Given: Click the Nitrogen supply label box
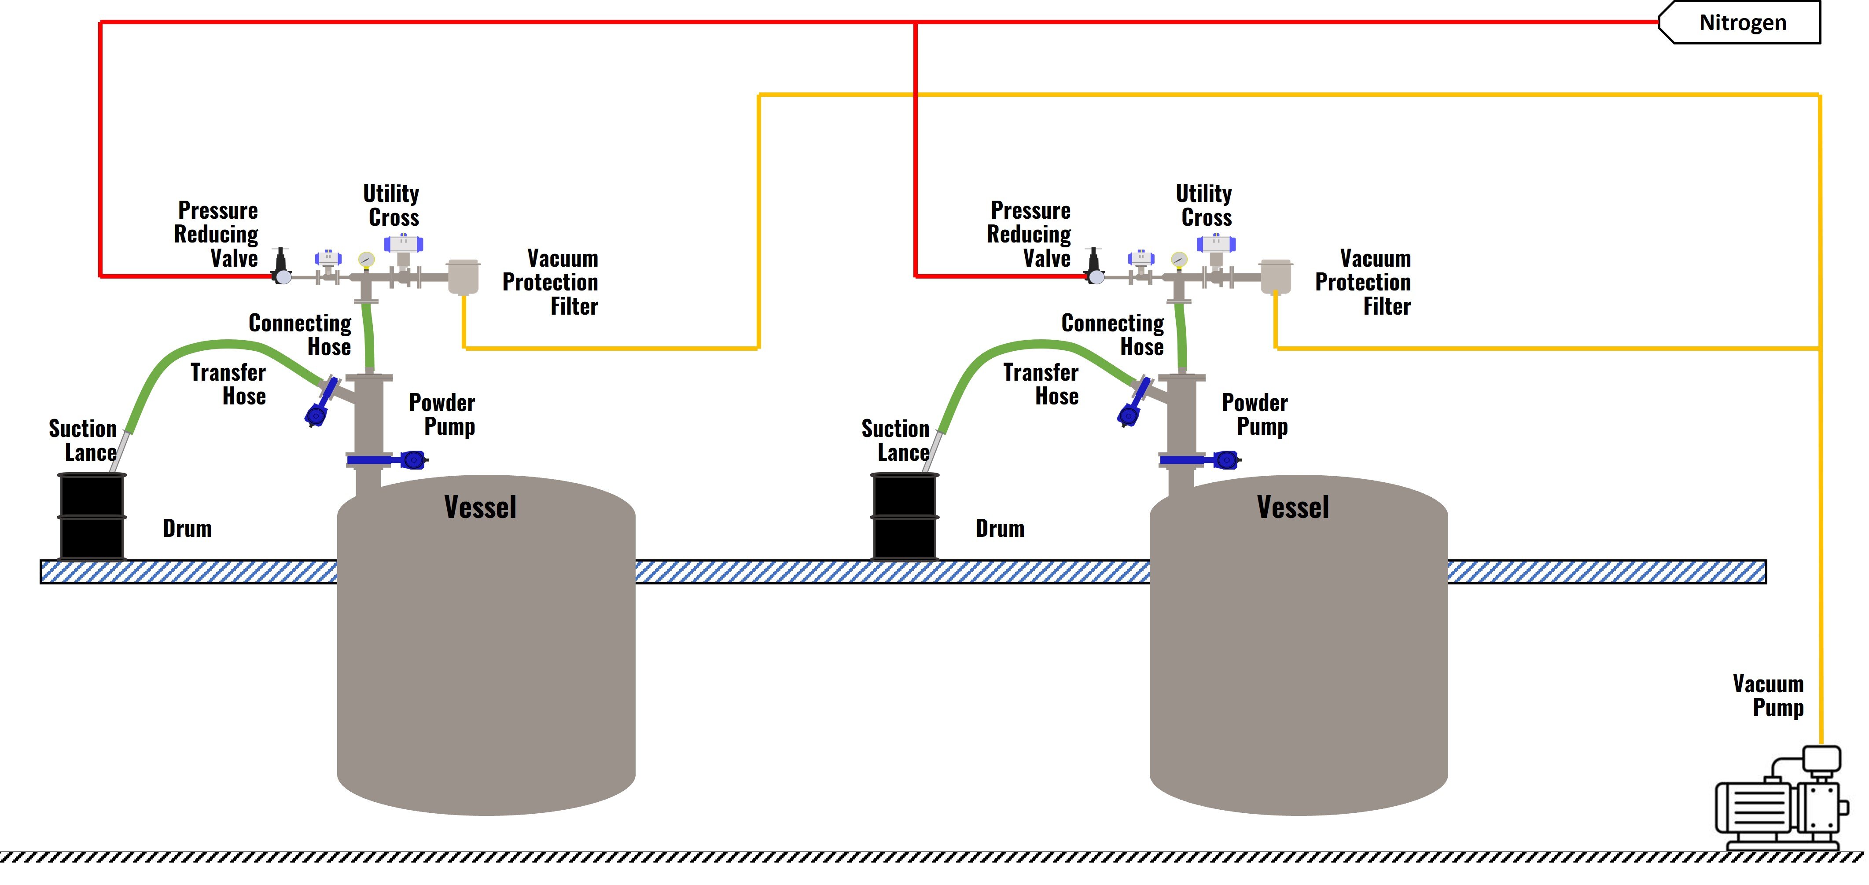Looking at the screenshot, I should point(1741,22).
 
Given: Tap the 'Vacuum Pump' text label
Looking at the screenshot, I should point(1768,695).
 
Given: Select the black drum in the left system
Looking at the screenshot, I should point(92,517).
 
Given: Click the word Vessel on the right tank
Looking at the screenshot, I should point(1292,507).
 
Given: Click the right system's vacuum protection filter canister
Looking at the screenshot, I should point(1276,276).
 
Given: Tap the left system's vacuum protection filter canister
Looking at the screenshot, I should point(463,276).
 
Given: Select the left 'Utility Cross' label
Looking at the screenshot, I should point(392,205).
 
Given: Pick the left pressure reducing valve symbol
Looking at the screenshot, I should point(282,267).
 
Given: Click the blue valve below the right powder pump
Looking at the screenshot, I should point(1201,460).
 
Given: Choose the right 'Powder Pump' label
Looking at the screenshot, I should point(1255,414).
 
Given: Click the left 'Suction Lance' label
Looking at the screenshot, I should point(84,441).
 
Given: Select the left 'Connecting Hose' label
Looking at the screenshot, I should point(300,334).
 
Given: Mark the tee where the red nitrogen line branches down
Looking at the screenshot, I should point(916,22).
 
